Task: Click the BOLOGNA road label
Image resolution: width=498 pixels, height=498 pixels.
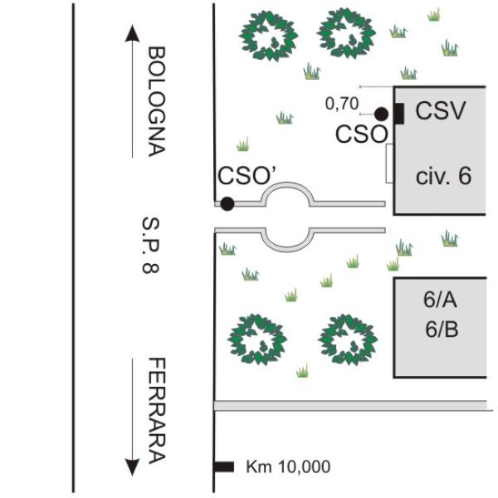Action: click(156, 101)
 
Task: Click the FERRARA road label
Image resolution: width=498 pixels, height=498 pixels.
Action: click(156, 411)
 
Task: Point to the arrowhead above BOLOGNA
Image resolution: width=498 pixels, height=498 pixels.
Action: click(131, 33)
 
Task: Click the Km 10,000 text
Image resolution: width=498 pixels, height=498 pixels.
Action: click(288, 467)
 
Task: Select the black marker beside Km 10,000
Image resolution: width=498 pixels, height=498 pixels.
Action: click(224, 467)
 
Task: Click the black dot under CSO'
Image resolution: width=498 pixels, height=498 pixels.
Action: click(227, 203)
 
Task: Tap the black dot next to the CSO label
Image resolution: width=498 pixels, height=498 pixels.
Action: click(381, 114)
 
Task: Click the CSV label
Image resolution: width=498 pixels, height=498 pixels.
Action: click(441, 110)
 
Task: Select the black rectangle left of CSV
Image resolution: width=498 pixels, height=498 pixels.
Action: click(398, 114)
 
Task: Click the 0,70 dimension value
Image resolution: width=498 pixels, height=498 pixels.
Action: click(340, 104)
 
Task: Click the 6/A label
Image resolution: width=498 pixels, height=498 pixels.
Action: click(440, 302)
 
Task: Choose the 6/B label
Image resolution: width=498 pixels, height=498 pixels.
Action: click(440, 330)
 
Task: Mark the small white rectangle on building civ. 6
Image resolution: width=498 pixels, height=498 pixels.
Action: click(390, 163)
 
